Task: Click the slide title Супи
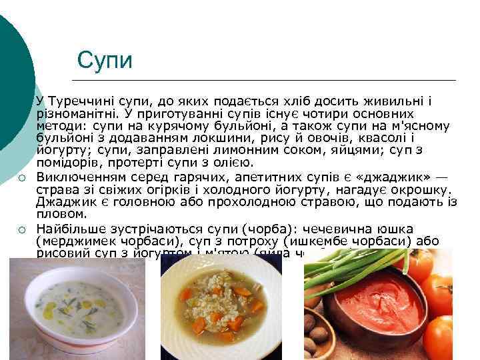click(105, 60)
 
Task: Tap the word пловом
click(61, 213)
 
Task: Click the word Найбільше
click(67, 228)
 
